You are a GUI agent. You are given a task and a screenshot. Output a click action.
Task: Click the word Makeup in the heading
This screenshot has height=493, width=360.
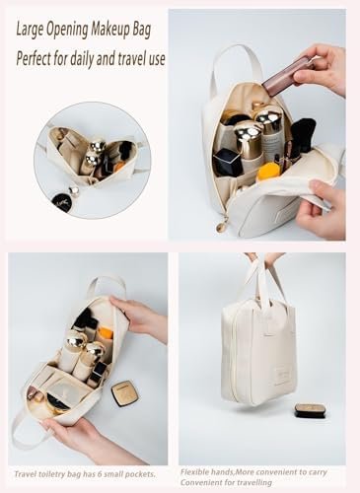[110, 31]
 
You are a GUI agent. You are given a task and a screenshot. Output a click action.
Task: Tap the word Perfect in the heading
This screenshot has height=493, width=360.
[33, 58]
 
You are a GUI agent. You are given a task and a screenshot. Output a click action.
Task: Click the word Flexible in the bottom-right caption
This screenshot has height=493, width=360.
[194, 472]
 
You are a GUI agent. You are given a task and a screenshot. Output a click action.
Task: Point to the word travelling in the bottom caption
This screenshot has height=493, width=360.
[254, 482]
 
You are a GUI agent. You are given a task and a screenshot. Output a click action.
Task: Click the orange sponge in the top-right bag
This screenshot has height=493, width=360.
[268, 172]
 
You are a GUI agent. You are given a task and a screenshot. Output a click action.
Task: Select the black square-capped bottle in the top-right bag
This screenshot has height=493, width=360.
[227, 162]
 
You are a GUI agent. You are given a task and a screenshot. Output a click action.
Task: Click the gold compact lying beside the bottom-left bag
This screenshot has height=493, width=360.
[124, 392]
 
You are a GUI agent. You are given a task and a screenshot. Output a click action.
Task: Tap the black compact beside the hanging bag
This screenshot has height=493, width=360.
[310, 411]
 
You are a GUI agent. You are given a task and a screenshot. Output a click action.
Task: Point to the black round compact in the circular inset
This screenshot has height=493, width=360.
[61, 200]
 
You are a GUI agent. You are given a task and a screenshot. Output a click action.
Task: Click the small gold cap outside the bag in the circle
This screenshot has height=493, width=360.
[75, 191]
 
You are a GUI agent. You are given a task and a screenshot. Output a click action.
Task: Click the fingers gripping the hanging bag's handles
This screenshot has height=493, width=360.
[264, 258]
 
